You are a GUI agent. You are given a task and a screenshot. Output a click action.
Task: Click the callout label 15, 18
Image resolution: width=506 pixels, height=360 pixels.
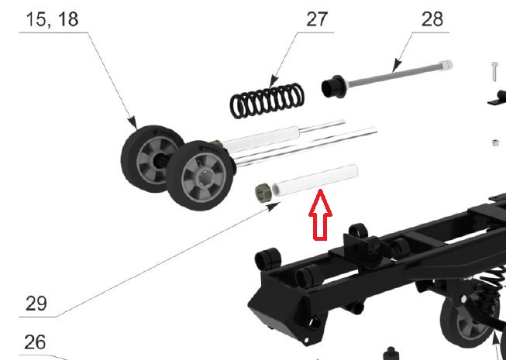click(x=52, y=19)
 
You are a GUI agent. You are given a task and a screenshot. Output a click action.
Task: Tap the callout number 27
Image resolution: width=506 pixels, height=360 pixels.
click(x=317, y=19)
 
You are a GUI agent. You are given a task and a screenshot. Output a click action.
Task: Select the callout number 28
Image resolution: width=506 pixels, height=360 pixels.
click(x=432, y=19)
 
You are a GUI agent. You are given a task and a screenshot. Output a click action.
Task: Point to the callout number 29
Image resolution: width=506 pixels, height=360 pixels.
click(x=36, y=303)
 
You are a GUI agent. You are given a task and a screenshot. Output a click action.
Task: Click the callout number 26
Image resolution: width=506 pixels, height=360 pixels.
click(x=35, y=342)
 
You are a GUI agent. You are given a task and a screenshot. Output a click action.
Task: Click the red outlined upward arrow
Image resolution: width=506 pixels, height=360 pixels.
click(x=321, y=215)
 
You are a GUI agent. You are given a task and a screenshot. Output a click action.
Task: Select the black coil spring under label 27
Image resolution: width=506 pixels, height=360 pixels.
click(x=267, y=101)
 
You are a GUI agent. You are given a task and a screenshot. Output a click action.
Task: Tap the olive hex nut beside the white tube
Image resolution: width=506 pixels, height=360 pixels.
click(x=263, y=193)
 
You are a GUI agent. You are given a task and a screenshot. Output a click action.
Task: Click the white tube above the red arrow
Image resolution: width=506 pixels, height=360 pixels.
click(x=315, y=180)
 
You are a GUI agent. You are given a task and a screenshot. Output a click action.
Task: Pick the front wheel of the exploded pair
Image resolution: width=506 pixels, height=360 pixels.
click(x=200, y=176)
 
